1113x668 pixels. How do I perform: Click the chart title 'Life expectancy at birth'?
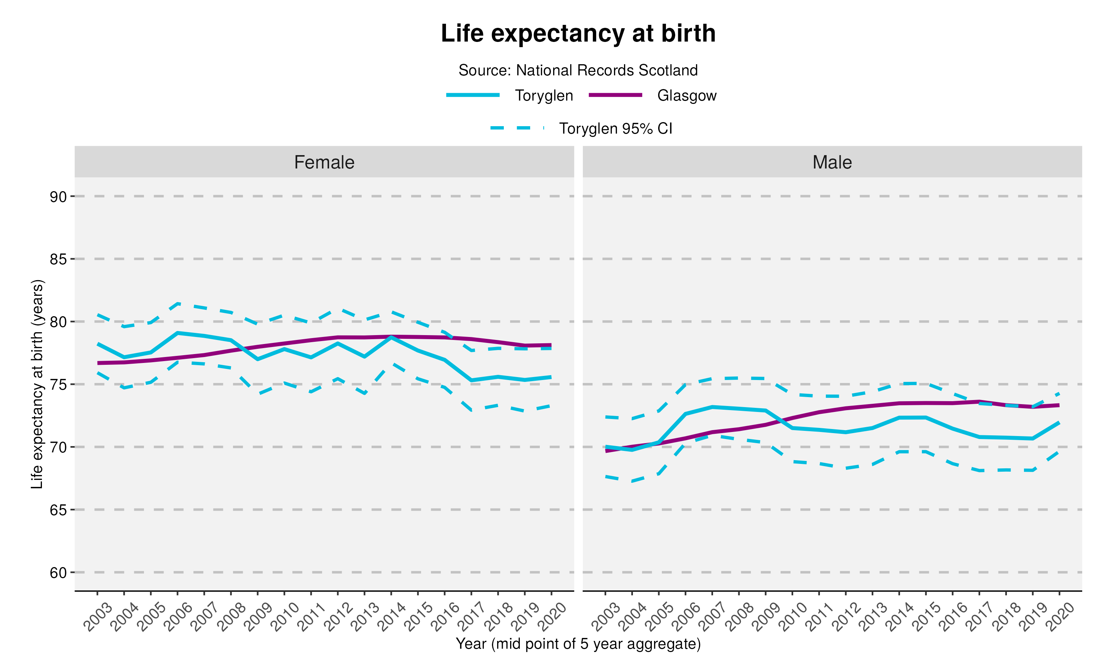point(578,33)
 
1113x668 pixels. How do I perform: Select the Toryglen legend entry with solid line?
point(544,95)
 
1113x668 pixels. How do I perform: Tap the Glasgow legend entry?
point(686,95)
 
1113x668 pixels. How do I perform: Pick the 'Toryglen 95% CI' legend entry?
point(615,129)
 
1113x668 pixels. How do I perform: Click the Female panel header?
point(324,162)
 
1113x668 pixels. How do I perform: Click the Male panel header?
point(832,162)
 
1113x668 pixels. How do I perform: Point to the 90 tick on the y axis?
point(58,197)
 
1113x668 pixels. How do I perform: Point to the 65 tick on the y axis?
point(58,510)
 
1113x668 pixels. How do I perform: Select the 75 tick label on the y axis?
point(58,385)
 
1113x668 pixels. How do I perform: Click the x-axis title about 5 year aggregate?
point(578,644)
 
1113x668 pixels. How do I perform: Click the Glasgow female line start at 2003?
point(98,363)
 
